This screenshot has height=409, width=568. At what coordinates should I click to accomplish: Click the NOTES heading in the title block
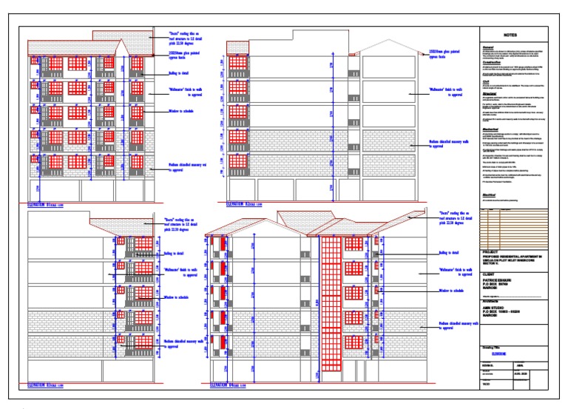coord(511,35)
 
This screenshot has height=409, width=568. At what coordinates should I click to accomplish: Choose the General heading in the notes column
coord(489,47)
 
